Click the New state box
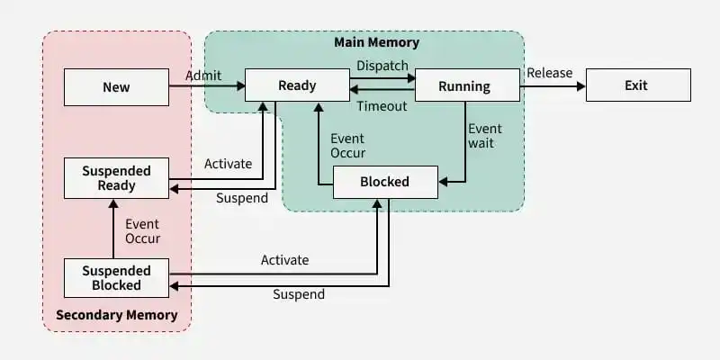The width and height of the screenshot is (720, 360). pyautogui.click(x=116, y=87)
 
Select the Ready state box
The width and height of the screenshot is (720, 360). pyautogui.click(x=297, y=85)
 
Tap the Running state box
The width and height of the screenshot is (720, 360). pyautogui.click(x=464, y=86)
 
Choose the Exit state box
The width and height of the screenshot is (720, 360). pyautogui.click(x=636, y=86)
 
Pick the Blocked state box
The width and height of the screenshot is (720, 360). pyautogui.click(x=384, y=182)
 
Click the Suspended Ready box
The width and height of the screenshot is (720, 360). pyautogui.click(x=116, y=178)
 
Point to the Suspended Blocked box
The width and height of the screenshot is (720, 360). pyautogui.click(x=116, y=277)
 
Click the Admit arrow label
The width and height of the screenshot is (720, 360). pyautogui.click(x=203, y=76)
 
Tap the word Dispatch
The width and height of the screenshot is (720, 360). pyautogui.click(x=382, y=66)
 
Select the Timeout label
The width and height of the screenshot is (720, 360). pyautogui.click(x=382, y=106)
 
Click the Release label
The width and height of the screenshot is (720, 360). pyautogui.click(x=549, y=73)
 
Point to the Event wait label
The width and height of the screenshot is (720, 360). pyautogui.click(x=485, y=136)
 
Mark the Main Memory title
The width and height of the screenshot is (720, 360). pyautogui.click(x=376, y=42)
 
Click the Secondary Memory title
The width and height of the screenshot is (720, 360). pyautogui.click(x=117, y=316)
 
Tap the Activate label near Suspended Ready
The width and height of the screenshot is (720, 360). pyautogui.click(x=228, y=164)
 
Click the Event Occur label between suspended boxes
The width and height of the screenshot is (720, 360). pyautogui.click(x=142, y=231)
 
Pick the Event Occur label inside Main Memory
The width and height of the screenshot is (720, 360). pyautogui.click(x=347, y=146)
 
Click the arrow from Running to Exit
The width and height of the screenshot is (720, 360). pyautogui.click(x=553, y=86)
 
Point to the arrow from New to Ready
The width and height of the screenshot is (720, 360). pyautogui.click(x=207, y=86)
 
